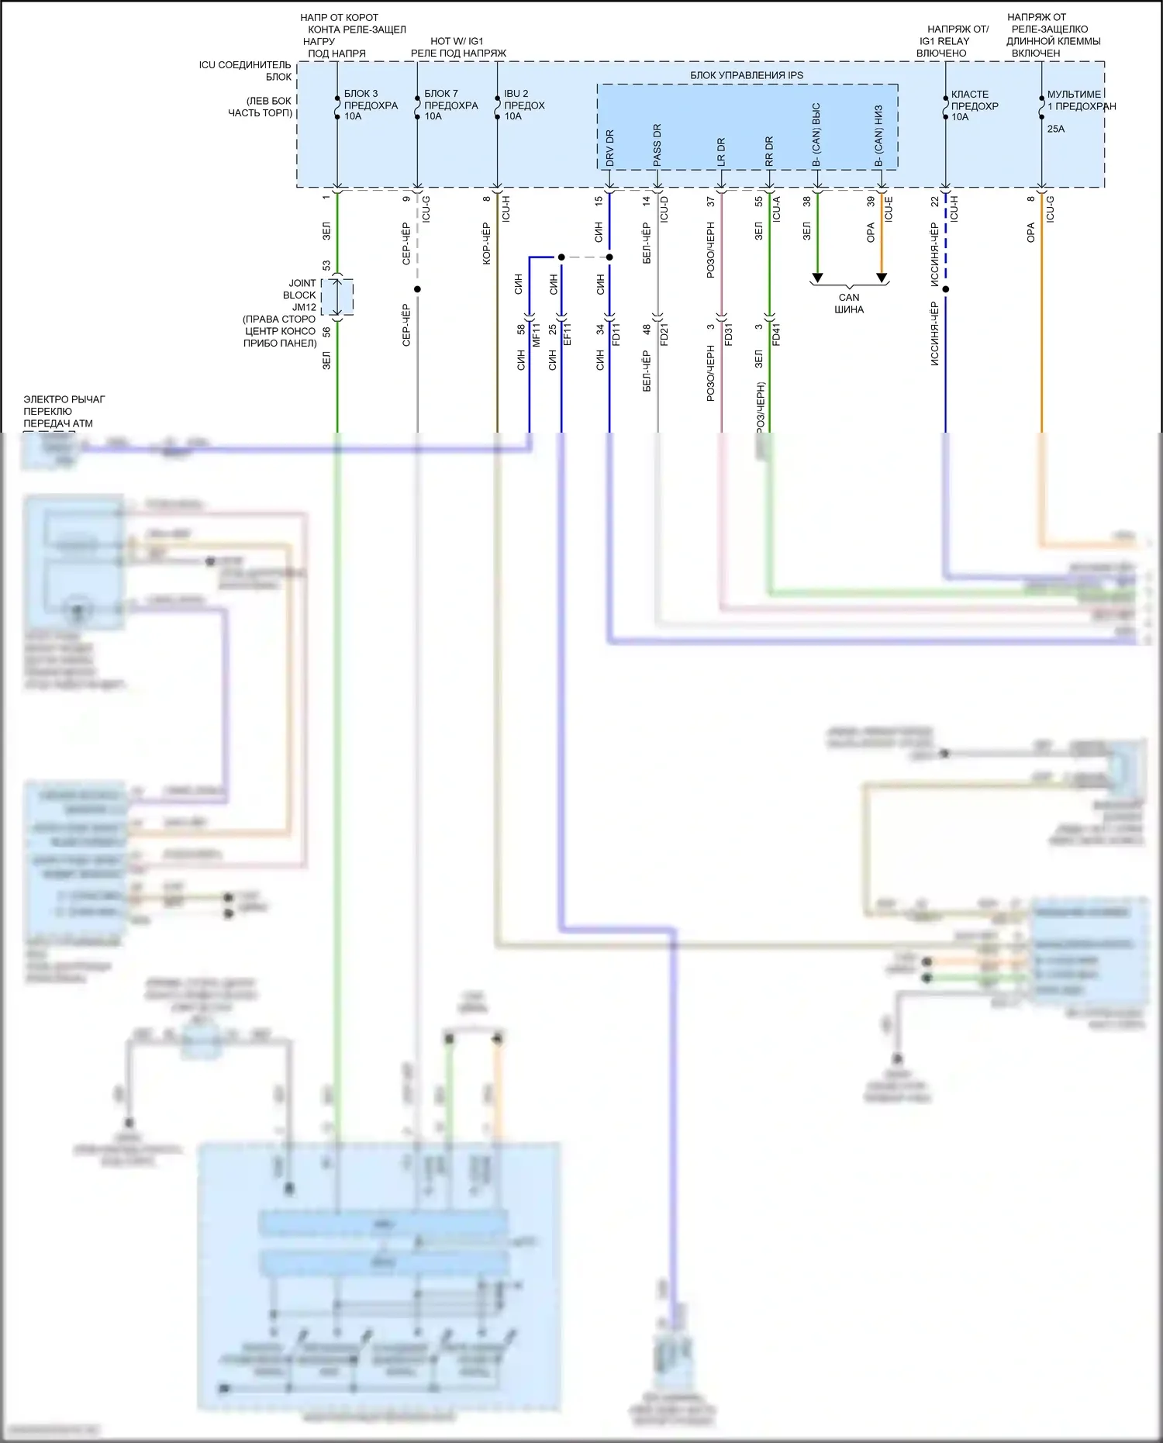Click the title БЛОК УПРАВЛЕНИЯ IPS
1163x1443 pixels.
[x=747, y=75]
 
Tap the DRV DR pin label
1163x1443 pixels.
[x=609, y=147]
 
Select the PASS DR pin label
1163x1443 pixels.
[x=657, y=144]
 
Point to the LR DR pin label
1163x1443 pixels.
[x=721, y=151]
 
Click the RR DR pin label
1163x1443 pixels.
[x=769, y=151]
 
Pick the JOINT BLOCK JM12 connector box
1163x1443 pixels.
[x=338, y=298]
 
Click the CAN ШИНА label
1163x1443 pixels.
[x=849, y=303]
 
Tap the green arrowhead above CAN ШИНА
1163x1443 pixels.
[x=817, y=278]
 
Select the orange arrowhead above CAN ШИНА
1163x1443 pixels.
[x=882, y=278]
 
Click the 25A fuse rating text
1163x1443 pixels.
[x=1056, y=129]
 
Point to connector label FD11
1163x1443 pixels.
[x=617, y=334]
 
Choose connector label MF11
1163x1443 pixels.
[x=537, y=334]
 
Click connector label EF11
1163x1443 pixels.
[x=568, y=334]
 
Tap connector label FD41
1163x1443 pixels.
[x=777, y=334]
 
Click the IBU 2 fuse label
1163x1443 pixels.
[x=516, y=93]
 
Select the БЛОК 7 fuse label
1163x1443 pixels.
[x=441, y=93]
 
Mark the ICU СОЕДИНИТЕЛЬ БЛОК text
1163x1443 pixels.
[x=245, y=71]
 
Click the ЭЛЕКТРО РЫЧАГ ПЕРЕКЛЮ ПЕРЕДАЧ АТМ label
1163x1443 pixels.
[x=64, y=411]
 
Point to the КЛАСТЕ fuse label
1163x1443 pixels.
[x=970, y=94]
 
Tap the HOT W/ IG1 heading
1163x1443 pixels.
[x=457, y=41]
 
